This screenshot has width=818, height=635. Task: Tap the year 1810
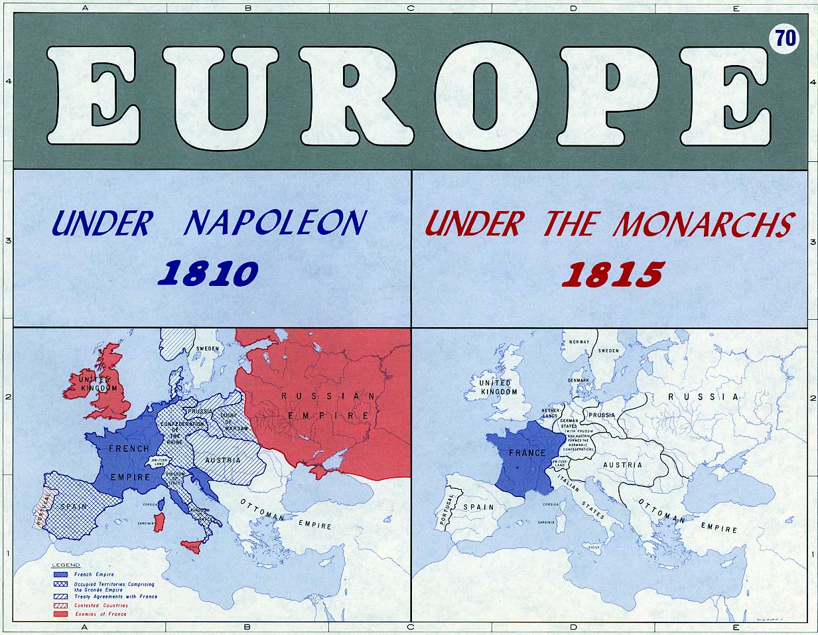coord(208,273)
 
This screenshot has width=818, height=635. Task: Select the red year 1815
coord(612,273)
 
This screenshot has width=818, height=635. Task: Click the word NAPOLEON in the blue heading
coord(274,223)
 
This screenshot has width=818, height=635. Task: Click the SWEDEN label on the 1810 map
coord(208,348)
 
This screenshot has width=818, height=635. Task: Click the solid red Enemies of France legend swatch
coord(60,614)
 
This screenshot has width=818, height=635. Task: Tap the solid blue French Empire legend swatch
coord(60,575)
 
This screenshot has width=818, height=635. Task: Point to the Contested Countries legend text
coord(101,606)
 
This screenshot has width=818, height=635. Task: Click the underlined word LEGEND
coord(66,565)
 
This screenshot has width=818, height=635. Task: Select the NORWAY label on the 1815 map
coord(579,342)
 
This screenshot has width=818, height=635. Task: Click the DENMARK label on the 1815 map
coord(578,380)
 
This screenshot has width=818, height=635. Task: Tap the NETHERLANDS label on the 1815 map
coord(551,413)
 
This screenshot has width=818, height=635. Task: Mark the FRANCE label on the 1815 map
coord(527,453)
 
